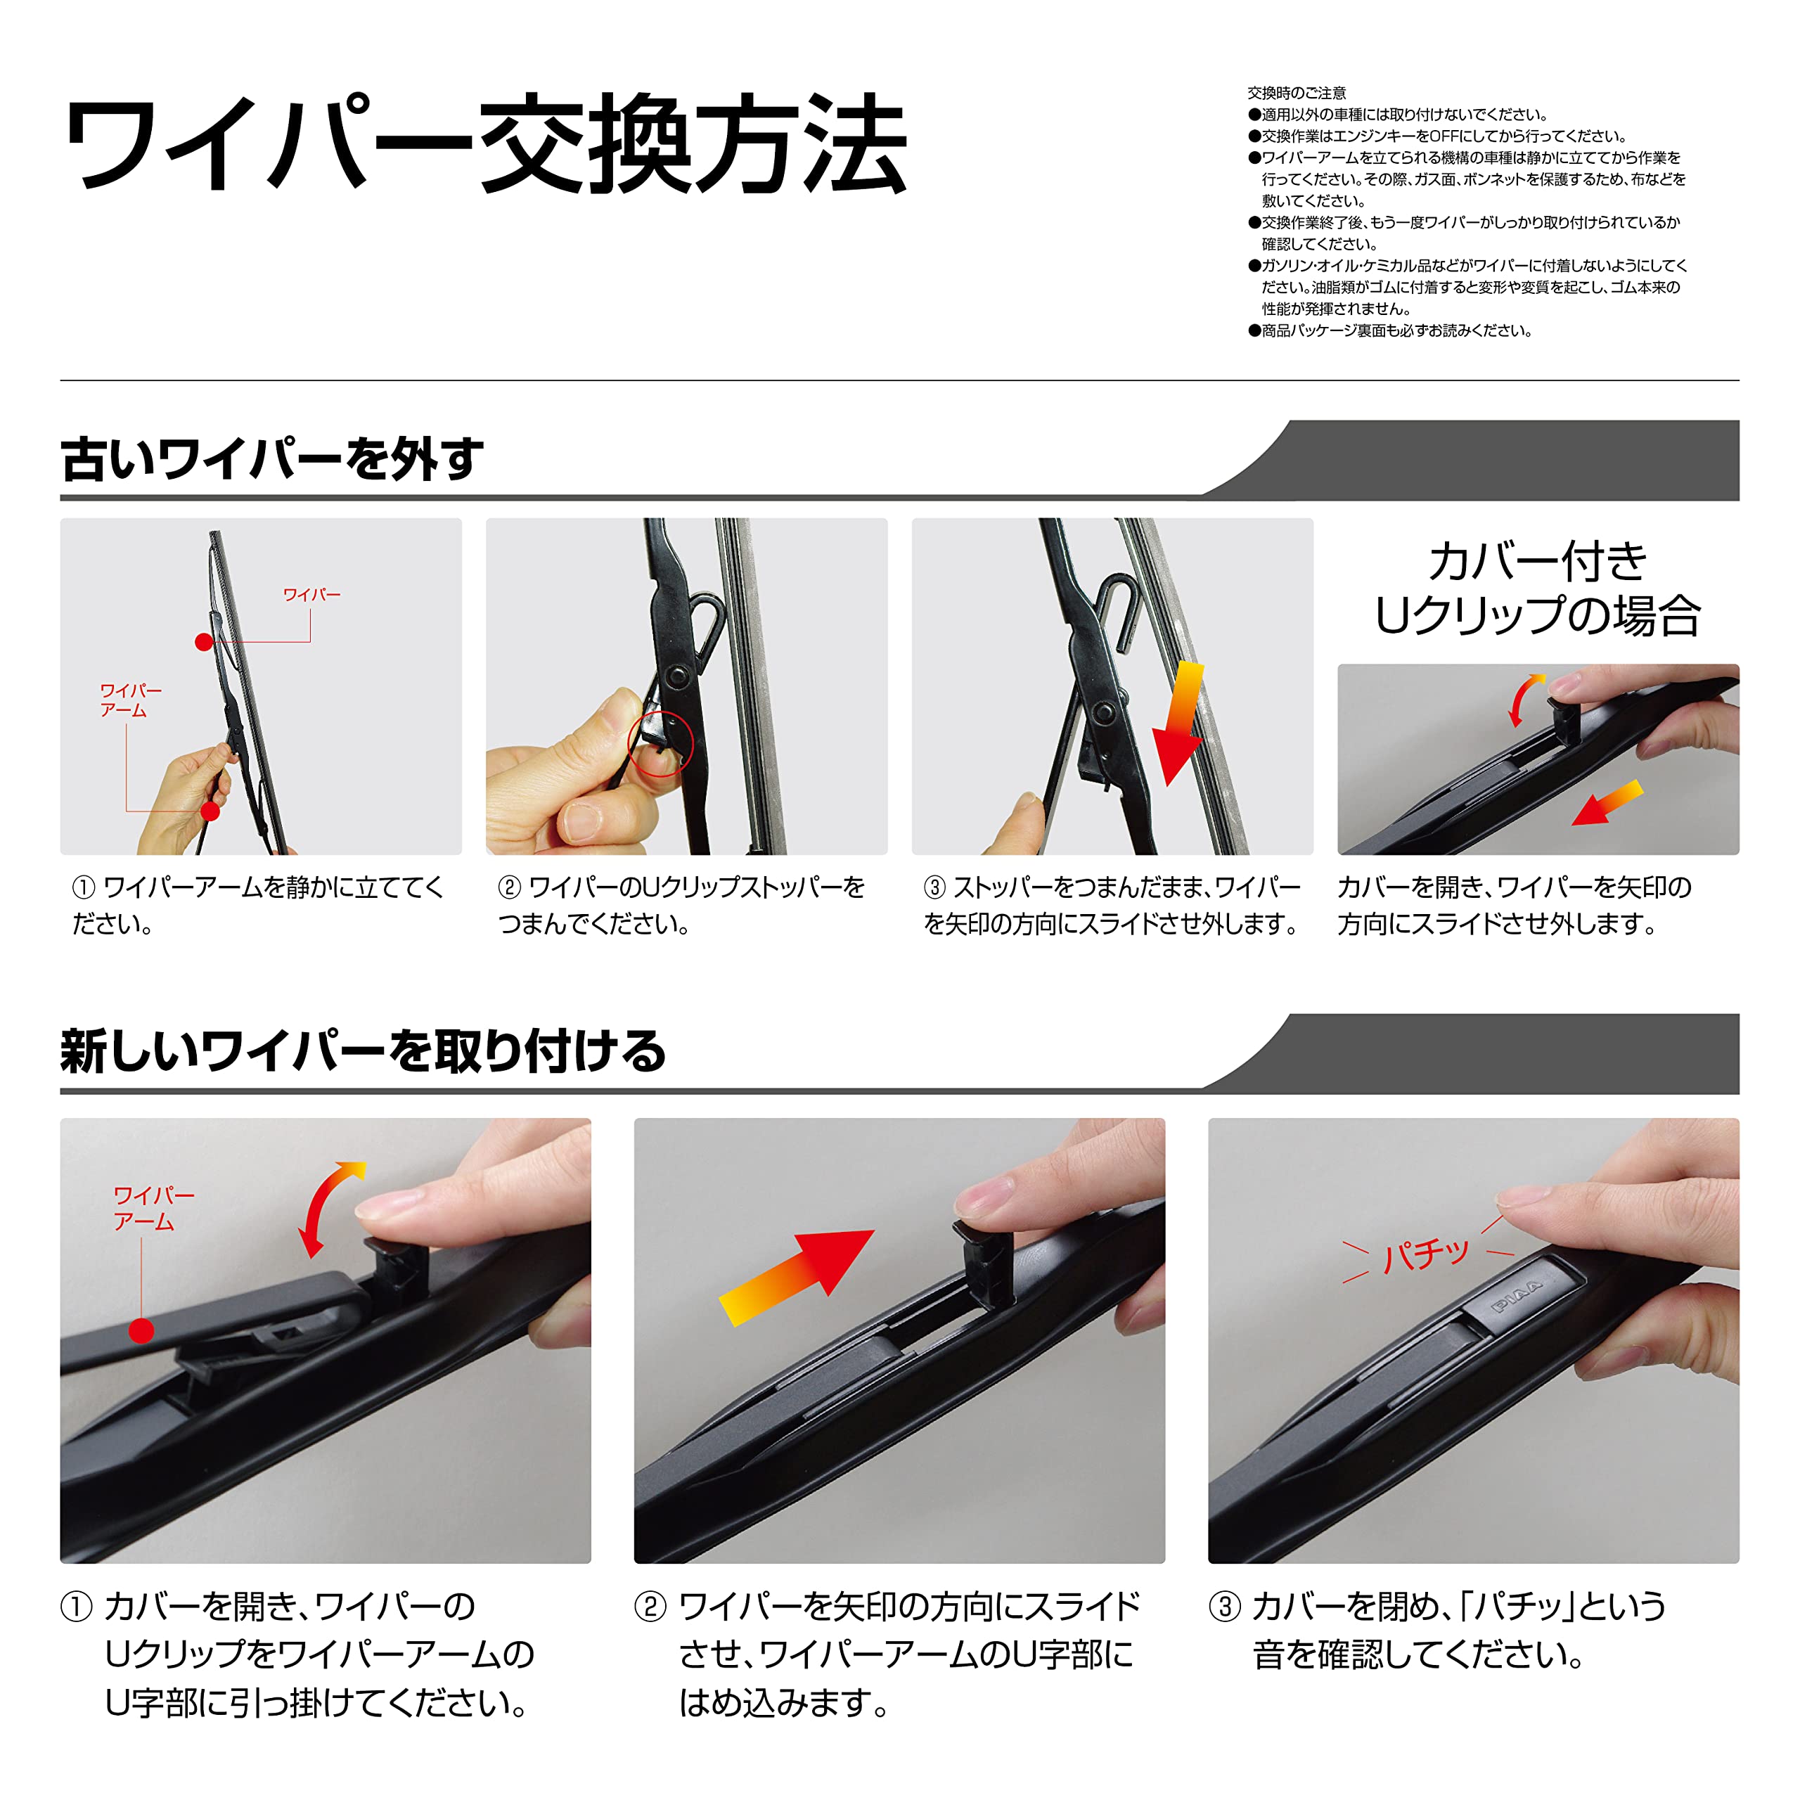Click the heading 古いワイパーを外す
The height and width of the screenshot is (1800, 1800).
[x=272, y=458]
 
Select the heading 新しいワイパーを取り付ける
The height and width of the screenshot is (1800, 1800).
[x=364, y=1052]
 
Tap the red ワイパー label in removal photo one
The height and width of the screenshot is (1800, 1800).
[x=312, y=594]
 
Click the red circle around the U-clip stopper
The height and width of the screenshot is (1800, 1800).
[x=660, y=743]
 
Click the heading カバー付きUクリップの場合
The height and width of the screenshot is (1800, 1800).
[x=1538, y=588]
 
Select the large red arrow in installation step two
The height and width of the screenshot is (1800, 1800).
[x=797, y=1275]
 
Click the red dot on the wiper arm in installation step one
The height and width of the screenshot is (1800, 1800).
[x=141, y=1330]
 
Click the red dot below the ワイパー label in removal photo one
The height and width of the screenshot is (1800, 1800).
[x=204, y=642]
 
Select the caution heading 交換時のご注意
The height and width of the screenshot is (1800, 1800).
[x=1297, y=94]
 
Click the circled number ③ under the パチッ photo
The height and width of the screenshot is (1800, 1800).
[x=1224, y=1606]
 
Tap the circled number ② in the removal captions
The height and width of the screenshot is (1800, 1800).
[x=508, y=887]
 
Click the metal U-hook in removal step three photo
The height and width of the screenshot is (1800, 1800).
[x=1121, y=610]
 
